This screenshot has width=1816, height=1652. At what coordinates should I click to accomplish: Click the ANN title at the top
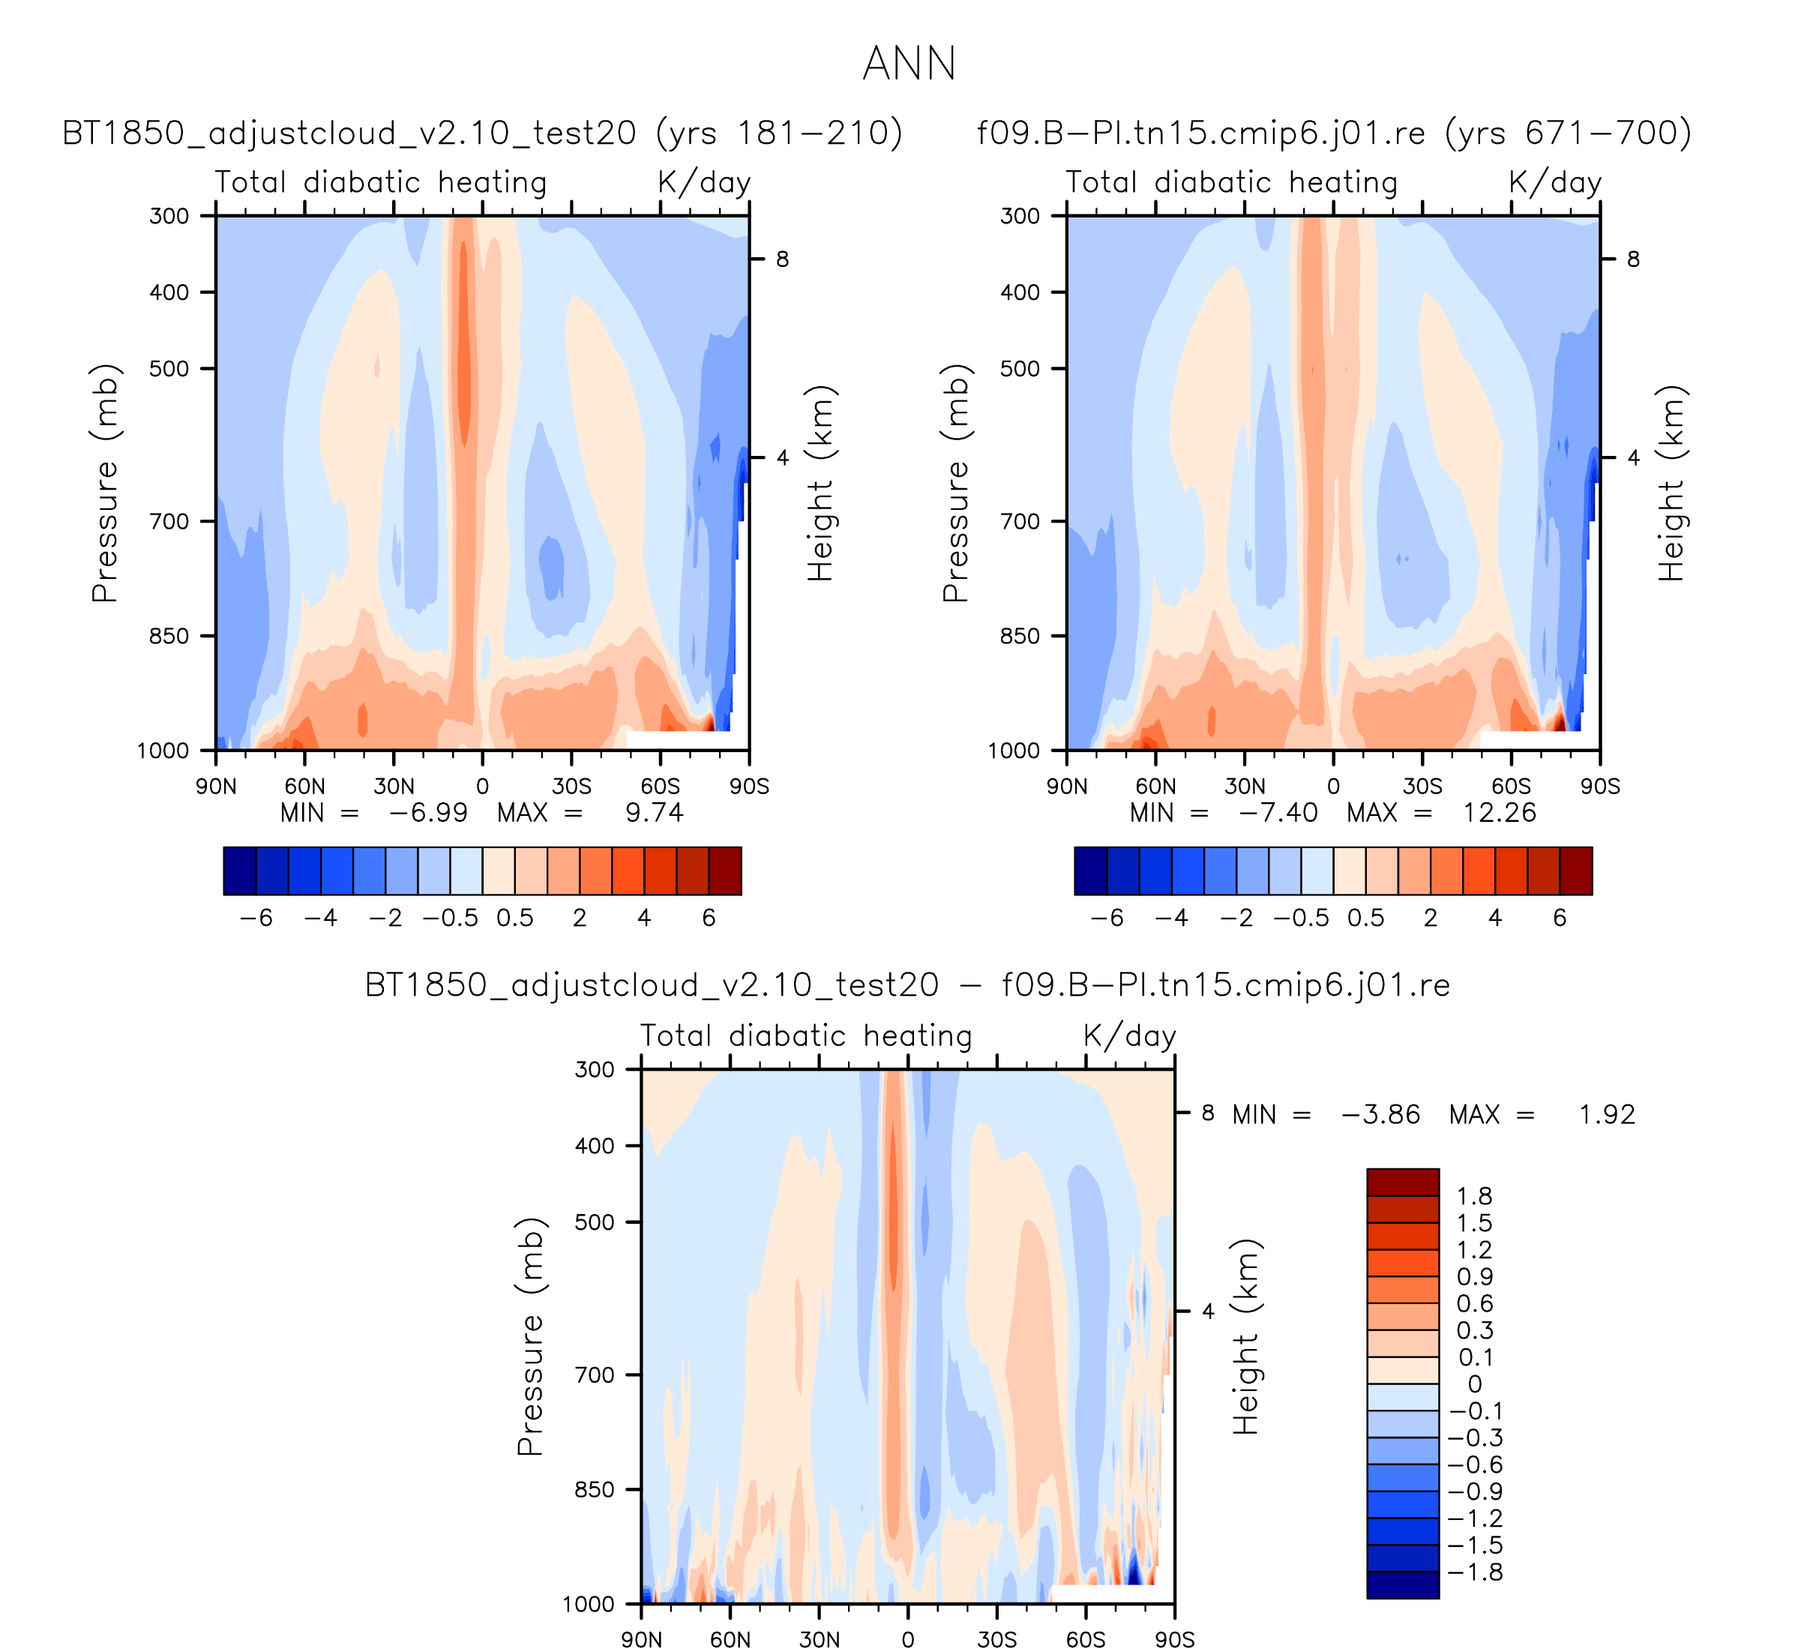[x=908, y=64]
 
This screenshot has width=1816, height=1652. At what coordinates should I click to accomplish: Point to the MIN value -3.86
[x=1380, y=1114]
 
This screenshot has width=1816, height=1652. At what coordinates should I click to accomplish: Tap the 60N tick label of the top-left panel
[x=304, y=787]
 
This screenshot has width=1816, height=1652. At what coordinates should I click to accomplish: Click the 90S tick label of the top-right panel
[x=1600, y=787]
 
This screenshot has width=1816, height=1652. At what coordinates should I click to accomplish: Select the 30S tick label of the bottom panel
[x=996, y=1639]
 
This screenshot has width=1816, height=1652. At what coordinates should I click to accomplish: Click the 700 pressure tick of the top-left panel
[x=169, y=521]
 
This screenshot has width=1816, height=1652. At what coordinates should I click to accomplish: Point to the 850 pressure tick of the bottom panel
[x=595, y=1490]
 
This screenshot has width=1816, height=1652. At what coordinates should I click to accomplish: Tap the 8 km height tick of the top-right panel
[x=1633, y=259]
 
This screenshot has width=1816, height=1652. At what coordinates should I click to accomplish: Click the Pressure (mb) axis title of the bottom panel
[x=529, y=1337]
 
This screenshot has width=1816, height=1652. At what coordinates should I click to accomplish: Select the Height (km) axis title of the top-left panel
[x=820, y=483]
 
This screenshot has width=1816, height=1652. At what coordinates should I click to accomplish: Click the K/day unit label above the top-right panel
[x=1555, y=183]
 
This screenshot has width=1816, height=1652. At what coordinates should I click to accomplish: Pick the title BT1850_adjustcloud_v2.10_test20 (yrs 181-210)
[x=482, y=133]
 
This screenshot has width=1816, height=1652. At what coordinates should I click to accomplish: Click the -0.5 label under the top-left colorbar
[x=451, y=918]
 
